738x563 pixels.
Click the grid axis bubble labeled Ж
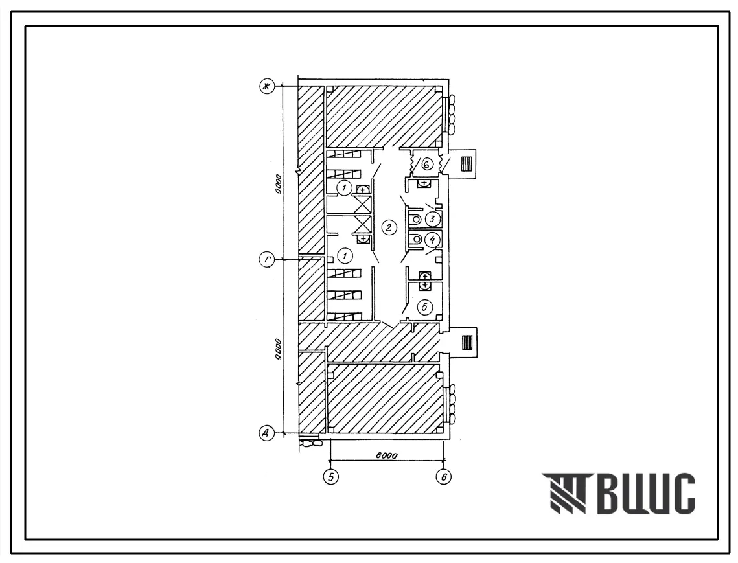(268, 87)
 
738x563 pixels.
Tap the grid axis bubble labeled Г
(267, 259)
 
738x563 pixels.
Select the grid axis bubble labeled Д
(267, 433)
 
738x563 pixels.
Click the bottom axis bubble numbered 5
(331, 477)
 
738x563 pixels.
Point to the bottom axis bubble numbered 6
(444, 477)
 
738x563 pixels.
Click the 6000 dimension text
(386, 455)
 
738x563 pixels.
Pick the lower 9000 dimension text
(278, 349)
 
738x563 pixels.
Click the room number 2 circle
(389, 228)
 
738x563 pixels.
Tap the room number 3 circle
(433, 219)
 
